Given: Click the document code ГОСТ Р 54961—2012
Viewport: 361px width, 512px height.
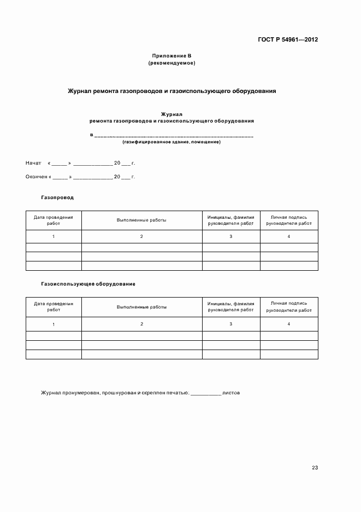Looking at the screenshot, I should pos(287,40).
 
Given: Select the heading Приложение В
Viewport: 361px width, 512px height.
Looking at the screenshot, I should pos(171,56).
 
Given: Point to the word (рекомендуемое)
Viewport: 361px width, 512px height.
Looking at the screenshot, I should pos(171,63).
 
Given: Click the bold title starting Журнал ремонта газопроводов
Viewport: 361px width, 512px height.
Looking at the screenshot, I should pos(171,91).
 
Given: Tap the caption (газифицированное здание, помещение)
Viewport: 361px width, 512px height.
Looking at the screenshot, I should pos(171,142).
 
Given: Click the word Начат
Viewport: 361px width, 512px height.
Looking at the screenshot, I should pos(33,163).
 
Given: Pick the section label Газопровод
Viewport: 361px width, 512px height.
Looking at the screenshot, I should pos(57,197).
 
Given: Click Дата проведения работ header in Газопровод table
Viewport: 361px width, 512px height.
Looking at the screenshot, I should pos(54,220).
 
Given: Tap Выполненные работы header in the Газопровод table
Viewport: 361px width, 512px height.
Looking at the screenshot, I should pos(141,220).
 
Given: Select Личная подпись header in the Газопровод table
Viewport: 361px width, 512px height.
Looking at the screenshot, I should pos(289,220).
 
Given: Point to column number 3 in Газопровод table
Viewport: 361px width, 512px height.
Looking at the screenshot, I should pos(231,236).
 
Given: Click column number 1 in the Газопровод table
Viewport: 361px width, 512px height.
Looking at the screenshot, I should pos(54,236).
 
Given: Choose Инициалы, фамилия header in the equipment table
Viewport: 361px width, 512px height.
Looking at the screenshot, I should pos(231,306).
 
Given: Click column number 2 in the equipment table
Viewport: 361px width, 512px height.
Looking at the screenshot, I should pos(141,324).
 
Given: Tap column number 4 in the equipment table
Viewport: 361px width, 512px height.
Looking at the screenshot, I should pos(289,324).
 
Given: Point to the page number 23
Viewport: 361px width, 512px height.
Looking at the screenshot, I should pos(315,468).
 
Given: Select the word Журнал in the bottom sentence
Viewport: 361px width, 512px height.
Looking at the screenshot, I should pos(51,393).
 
